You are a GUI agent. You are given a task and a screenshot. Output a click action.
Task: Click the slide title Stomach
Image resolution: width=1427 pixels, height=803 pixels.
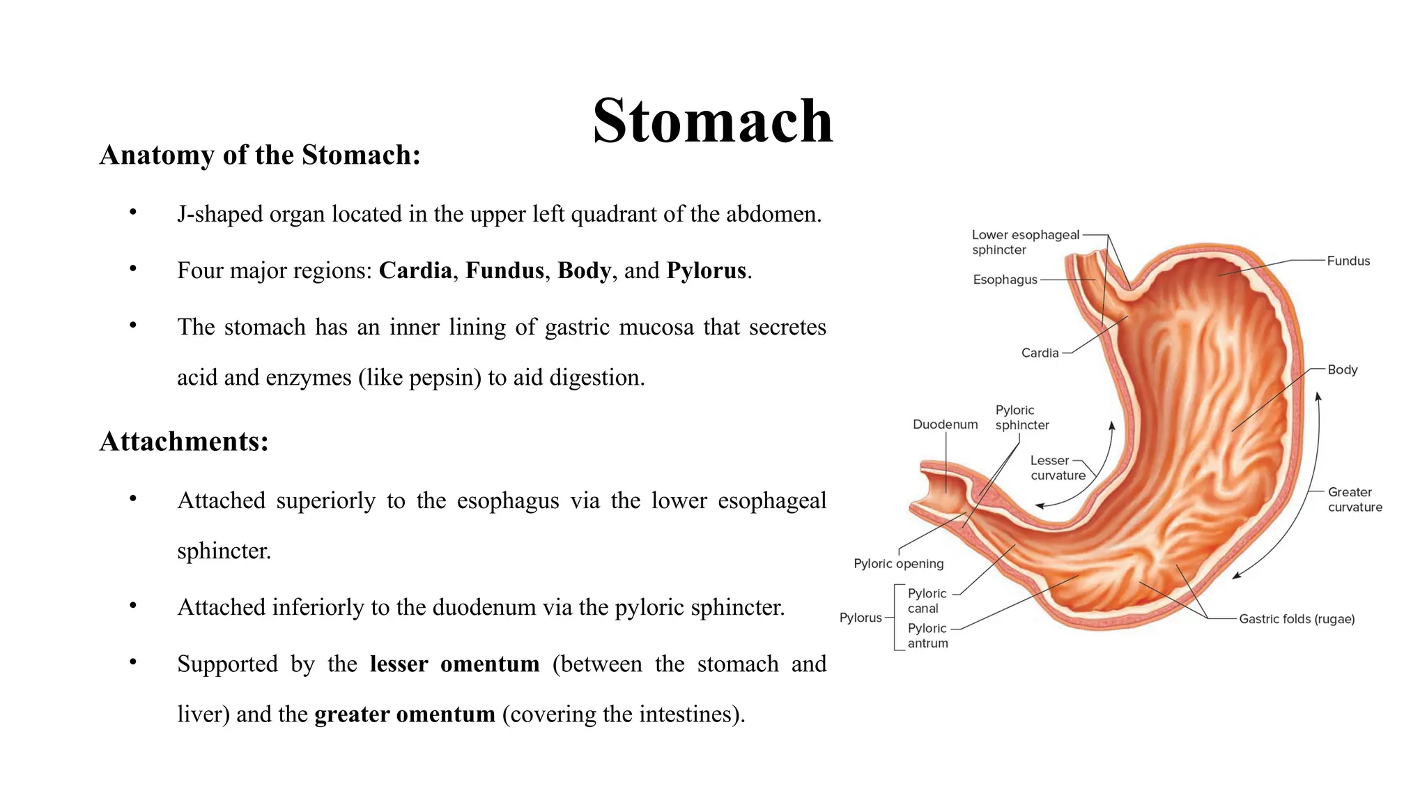tap(712, 121)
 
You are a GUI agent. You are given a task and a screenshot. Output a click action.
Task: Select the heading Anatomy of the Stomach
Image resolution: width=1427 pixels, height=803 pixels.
tap(260, 155)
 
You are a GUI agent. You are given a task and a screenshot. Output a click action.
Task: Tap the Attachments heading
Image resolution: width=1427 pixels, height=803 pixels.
tap(184, 441)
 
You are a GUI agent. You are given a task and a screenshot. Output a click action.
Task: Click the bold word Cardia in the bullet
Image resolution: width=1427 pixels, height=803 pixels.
tap(415, 270)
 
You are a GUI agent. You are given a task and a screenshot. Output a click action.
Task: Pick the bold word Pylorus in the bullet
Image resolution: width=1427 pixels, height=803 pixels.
tap(706, 270)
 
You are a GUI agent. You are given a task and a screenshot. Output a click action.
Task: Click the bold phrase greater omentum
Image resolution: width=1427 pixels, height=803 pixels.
tap(405, 714)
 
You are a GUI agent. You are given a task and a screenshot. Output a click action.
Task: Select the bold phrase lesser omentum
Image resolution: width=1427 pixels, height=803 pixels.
tap(454, 664)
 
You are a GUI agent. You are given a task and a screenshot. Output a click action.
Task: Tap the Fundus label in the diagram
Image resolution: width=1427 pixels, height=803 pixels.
tap(1348, 261)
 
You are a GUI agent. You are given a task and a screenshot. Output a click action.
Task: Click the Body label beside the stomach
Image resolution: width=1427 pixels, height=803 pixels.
tap(1342, 369)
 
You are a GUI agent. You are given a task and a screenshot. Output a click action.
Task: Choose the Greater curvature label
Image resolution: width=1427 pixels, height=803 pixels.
tap(1355, 499)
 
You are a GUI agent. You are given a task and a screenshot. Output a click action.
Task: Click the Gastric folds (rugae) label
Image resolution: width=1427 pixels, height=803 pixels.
tap(1296, 619)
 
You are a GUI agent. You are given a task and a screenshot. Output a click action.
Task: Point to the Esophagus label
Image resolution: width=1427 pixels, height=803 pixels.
tap(1005, 280)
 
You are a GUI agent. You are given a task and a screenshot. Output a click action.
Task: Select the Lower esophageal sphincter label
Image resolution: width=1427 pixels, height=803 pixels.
tap(1025, 242)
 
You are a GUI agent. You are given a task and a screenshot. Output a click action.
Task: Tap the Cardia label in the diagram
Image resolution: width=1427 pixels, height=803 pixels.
tap(1040, 353)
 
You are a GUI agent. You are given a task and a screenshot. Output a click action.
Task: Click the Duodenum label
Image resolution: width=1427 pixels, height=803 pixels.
tap(945, 425)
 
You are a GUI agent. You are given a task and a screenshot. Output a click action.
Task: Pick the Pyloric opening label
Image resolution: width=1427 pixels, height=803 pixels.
tap(898, 563)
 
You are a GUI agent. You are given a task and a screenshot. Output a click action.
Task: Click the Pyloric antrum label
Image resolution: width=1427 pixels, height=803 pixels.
tap(927, 636)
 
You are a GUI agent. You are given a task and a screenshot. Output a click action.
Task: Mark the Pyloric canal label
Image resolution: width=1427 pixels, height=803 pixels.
tap(927, 601)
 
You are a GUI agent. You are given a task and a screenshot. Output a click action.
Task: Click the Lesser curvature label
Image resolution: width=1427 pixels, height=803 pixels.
tap(1058, 468)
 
